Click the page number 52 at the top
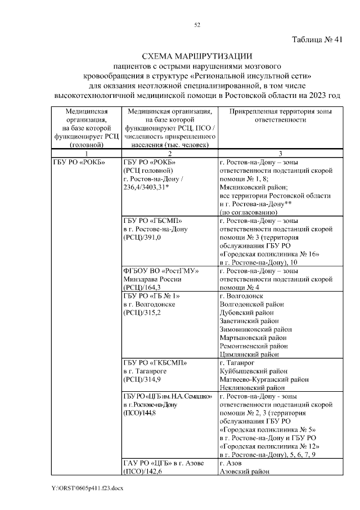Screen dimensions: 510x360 point(197,25)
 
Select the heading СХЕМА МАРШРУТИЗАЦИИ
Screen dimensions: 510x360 point(197,56)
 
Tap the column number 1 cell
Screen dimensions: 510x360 point(87,153)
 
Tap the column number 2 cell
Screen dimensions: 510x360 point(169,153)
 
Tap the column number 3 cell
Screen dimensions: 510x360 point(280,153)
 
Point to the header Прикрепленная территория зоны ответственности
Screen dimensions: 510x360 point(280,117)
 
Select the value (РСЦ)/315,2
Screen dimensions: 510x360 point(142,312)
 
